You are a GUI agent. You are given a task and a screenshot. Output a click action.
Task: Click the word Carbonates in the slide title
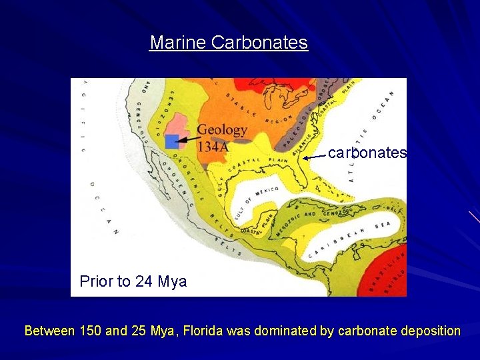coord(259,43)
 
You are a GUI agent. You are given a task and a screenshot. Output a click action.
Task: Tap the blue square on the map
coord(172,141)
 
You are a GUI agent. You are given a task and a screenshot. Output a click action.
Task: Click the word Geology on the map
coord(222,130)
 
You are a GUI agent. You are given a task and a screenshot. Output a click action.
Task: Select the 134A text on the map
coord(212,146)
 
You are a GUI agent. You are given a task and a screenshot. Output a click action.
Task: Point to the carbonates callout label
coord(367,153)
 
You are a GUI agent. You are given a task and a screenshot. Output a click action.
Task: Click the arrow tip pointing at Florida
coord(305,158)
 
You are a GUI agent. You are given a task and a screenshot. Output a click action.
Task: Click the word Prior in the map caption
coord(95,281)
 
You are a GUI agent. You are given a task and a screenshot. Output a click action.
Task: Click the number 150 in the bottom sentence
coord(90,330)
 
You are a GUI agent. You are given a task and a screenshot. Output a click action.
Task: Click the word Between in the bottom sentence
coord(49,330)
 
